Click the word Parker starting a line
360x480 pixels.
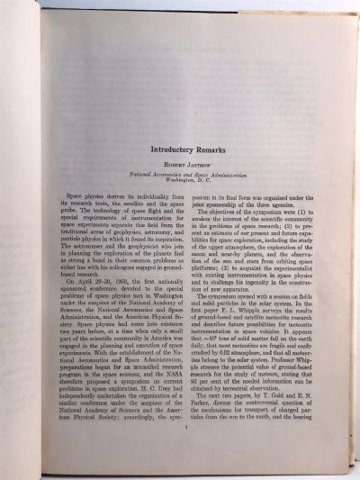click(215, 428)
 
